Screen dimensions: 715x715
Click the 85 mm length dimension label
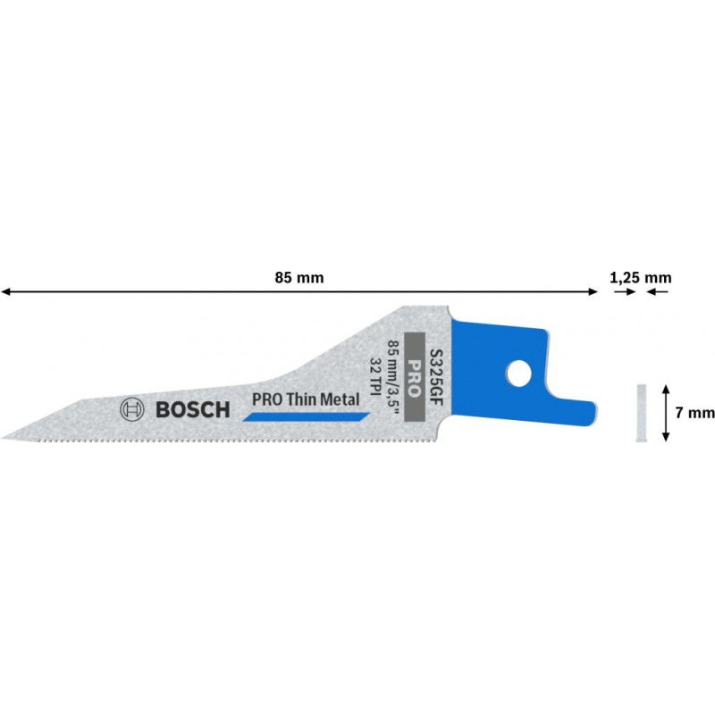299,278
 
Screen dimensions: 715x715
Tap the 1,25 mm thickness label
641,278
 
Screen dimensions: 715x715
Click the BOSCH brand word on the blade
193,410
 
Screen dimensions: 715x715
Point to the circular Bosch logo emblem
131,409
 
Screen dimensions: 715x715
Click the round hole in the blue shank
519,374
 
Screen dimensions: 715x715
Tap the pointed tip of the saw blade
2,438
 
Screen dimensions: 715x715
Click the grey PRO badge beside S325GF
415,376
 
